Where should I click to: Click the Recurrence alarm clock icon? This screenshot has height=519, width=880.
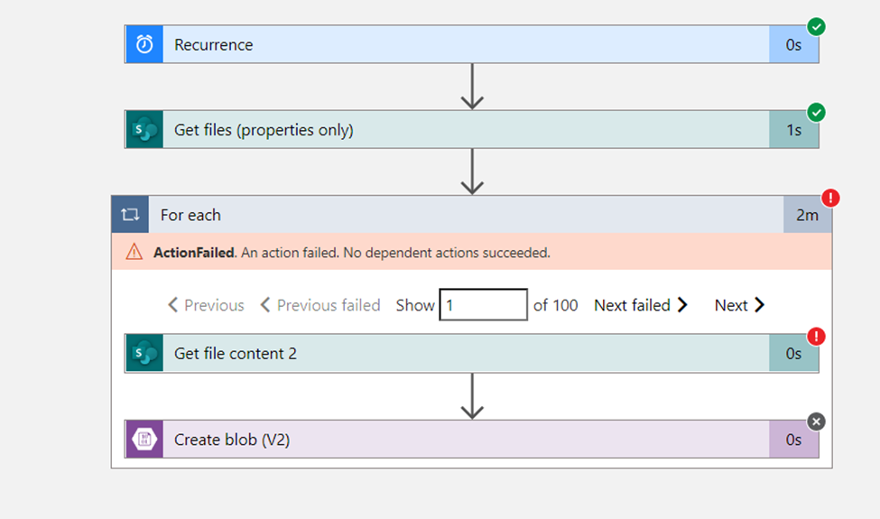pos(144,44)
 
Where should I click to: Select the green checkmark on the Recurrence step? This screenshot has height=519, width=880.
pos(816,27)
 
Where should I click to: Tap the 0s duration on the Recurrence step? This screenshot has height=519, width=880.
pos(793,44)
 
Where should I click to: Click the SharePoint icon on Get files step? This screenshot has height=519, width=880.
pos(144,130)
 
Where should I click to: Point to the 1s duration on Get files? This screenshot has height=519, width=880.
pos(793,130)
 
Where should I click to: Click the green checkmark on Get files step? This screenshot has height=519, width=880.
pos(816,113)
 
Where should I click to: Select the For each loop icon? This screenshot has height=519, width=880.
pos(131,215)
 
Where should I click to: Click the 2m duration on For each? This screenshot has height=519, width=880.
pos(807,215)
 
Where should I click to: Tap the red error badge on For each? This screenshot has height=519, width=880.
pos(830,198)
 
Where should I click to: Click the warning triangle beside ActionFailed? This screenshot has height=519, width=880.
pos(134,253)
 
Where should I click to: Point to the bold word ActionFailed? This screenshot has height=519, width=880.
pos(193,253)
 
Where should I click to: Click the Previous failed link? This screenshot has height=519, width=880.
pos(320,305)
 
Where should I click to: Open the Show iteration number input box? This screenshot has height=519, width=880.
pos(483,305)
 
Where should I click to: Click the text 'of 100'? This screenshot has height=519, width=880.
pos(555,305)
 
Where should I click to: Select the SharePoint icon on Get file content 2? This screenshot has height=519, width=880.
pos(144,353)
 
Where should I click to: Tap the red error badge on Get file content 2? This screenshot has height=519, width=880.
pos(816,337)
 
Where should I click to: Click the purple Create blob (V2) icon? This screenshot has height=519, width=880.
pos(144,440)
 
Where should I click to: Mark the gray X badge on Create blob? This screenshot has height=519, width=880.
pos(816,422)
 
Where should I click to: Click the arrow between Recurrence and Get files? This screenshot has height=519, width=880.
pos(472,88)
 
